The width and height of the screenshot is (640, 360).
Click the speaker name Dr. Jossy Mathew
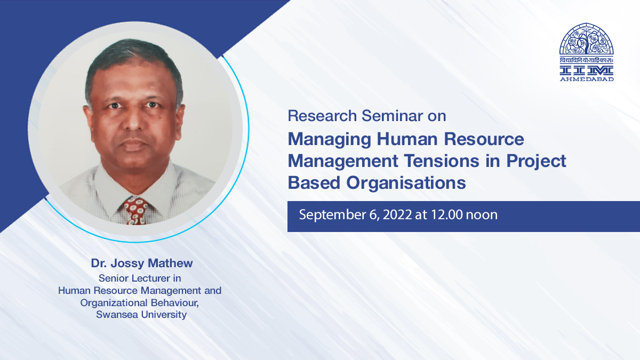[x=142, y=263]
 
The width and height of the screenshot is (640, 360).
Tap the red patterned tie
[x=135, y=211]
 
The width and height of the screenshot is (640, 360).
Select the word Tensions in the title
[x=442, y=161]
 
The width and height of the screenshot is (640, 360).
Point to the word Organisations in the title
[x=406, y=183]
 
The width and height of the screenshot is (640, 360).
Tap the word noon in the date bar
[x=482, y=215]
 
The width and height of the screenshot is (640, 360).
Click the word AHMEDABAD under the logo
[x=587, y=79]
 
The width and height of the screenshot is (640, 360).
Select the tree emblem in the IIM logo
[x=587, y=39]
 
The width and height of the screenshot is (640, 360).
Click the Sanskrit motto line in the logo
[x=587, y=60]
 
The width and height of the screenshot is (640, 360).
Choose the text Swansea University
[x=141, y=315]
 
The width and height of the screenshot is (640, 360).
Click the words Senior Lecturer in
[x=140, y=278]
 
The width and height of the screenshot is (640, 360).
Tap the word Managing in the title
[x=329, y=140]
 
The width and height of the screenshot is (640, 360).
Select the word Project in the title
[x=537, y=162]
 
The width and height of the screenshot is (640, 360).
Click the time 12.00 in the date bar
[x=447, y=214]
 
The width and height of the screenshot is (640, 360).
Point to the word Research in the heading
[x=322, y=116]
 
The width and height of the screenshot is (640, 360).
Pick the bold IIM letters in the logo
[x=587, y=70]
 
